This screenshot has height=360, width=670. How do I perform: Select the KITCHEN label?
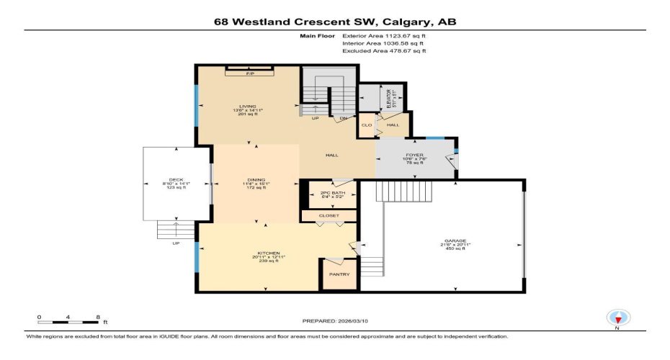(x=268, y=253)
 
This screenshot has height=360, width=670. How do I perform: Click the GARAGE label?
(x=455, y=240)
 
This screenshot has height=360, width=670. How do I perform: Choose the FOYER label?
(x=414, y=153)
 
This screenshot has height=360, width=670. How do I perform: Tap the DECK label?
(x=176, y=179)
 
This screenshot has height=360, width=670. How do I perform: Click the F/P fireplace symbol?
(x=250, y=73)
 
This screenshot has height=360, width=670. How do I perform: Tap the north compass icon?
(x=617, y=317)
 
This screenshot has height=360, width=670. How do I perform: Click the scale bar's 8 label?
(x=97, y=317)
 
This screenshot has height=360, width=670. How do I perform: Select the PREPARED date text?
(x=338, y=321)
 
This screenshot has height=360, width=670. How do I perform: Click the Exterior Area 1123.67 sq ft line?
(x=384, y=35)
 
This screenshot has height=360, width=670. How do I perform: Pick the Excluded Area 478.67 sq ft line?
(x=384, y=51)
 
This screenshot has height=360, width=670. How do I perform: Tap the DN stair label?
(x=344, y=118)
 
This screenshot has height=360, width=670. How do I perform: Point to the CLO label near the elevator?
(x=366, y=125)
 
